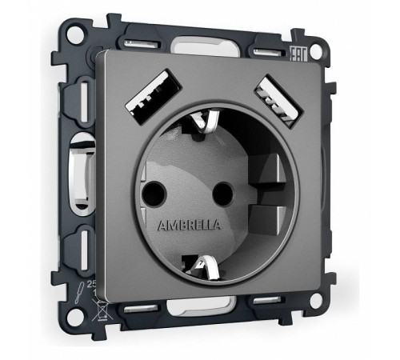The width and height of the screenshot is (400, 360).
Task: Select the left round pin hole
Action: click(151, 191)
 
